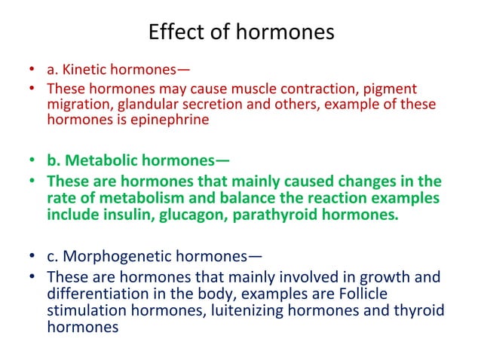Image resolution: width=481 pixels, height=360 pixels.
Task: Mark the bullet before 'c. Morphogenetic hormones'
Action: (x=32, y=260)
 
